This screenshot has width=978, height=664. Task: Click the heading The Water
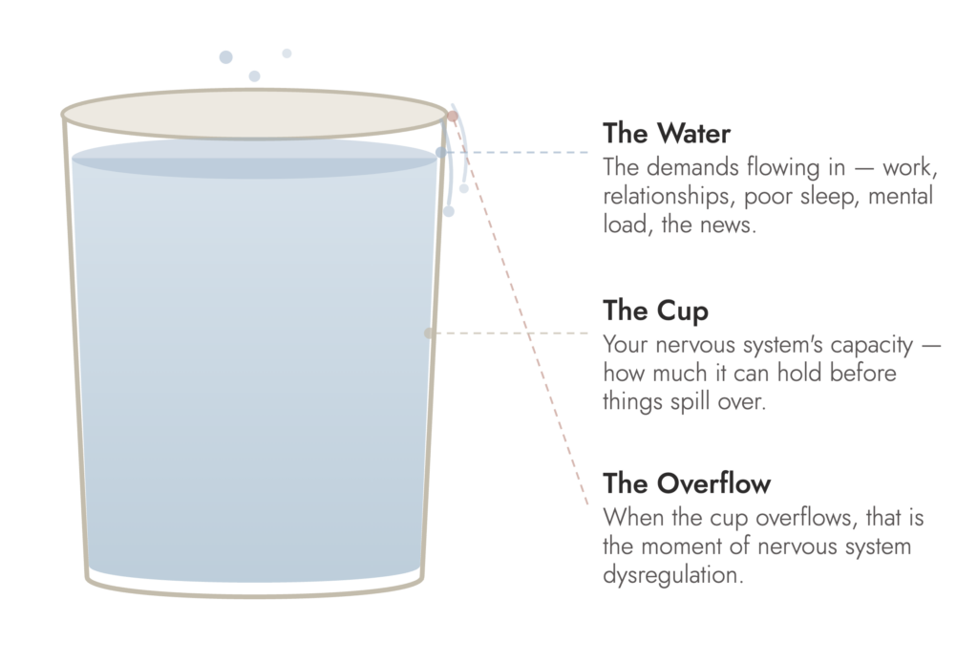coord(666,134)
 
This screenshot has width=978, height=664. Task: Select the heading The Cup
coord(655,311)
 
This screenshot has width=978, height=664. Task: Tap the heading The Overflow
coord(687,483)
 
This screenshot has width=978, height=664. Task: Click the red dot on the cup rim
coord(452,116)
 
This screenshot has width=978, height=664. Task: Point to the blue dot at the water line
coord(441,152)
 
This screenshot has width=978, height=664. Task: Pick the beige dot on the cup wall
coord(429,333)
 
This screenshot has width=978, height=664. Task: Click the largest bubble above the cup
coord(225,57)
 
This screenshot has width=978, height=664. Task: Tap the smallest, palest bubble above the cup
coord(287,54)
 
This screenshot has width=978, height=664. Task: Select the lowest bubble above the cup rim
coord(254,76)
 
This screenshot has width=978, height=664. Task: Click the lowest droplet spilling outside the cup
coord(449,211)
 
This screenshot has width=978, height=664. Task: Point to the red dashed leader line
coord(521,311)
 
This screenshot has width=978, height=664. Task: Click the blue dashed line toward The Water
coord(515,152)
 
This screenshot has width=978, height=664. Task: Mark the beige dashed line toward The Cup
coord(509,333)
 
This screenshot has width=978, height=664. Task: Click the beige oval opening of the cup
coord(254,115)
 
